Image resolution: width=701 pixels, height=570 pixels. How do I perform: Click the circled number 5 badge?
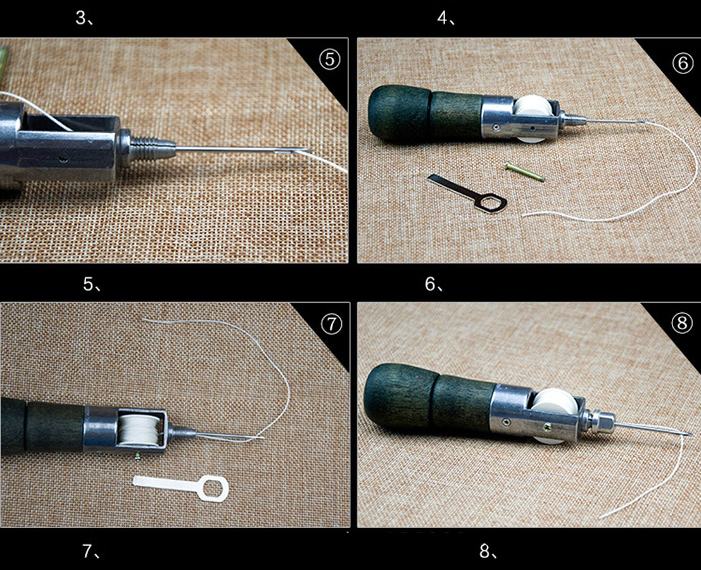pyautogui.click(x=329, y=59)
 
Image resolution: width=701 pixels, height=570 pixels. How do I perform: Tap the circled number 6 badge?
pyautogui.click(x=682, y=63)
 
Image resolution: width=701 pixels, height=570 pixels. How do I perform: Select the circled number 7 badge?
pyautogui.click(x=331, y=324)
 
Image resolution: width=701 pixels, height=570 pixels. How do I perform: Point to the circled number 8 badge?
pyautogui.click(x=682, y=323)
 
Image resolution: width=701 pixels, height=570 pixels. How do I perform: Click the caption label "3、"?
pyautogui.click(x=84, y=18)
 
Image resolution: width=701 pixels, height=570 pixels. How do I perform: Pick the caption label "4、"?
pyautogui.click(x=446, y=18)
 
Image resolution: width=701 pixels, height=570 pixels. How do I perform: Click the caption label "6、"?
pyautogui.click(x=434, y=284)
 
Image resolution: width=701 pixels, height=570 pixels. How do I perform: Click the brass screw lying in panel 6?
pyautogui.click(x=524, y=172)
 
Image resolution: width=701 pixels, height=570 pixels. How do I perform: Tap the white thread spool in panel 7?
pyautogui.click(x=139, y=429)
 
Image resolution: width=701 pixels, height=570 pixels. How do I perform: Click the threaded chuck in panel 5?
pyautogui.click(x=147, y=148)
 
